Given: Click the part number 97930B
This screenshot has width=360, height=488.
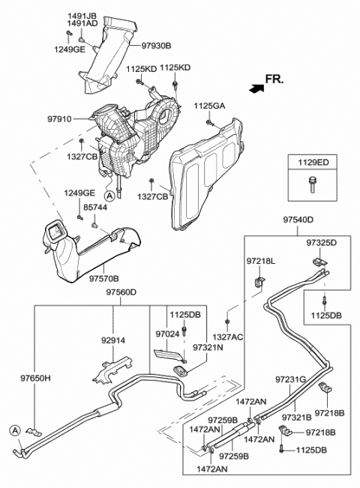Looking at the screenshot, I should coord(157,45).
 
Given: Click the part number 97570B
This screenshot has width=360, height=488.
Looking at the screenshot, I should coord(105,278).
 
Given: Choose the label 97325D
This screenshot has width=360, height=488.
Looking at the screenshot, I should coord(321,244).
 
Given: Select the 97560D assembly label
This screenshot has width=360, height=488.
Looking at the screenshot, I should coord(121,292).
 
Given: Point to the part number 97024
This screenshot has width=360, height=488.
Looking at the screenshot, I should coord(168,333).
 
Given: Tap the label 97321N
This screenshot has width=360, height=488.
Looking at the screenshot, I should coord(208,348).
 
